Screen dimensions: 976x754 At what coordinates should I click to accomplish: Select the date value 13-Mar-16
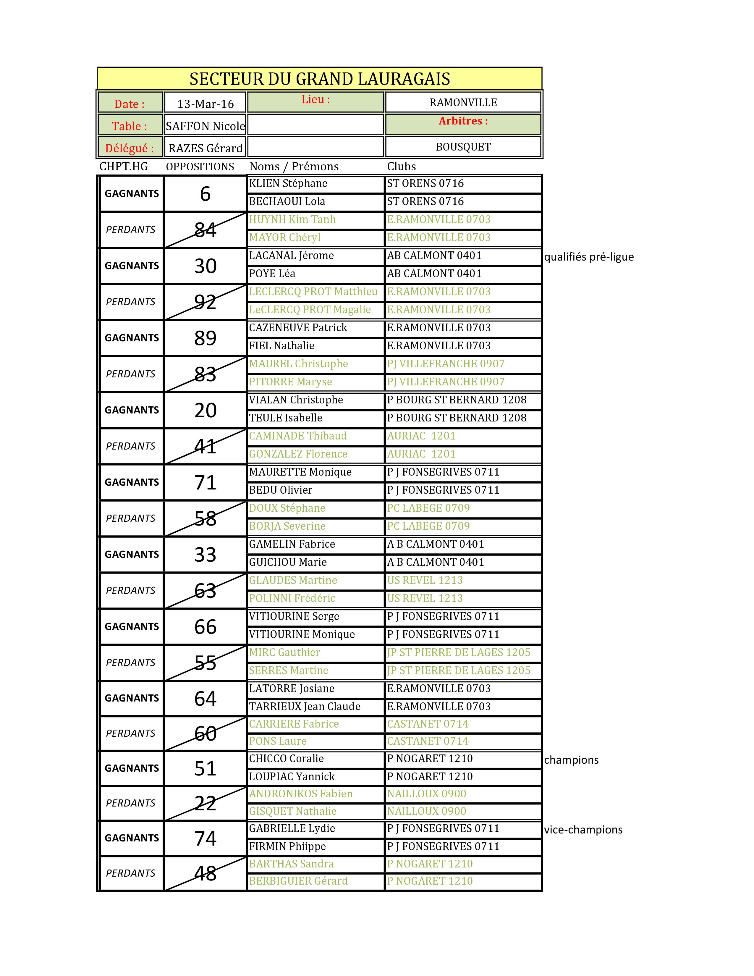(x=206, y=104)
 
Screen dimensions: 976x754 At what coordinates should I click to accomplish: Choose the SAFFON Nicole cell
(x=206, y=126)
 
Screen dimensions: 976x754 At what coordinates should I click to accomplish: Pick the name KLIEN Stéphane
(x=288, y=184)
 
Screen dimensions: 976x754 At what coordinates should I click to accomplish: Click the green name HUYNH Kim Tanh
(x=292, y=219)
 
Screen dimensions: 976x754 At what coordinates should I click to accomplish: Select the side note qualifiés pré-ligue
(x=589, y=257)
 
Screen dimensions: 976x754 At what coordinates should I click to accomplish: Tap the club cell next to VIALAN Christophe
(x=457, y=400)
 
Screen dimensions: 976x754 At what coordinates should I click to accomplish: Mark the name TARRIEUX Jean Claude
(x=305, y=707)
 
